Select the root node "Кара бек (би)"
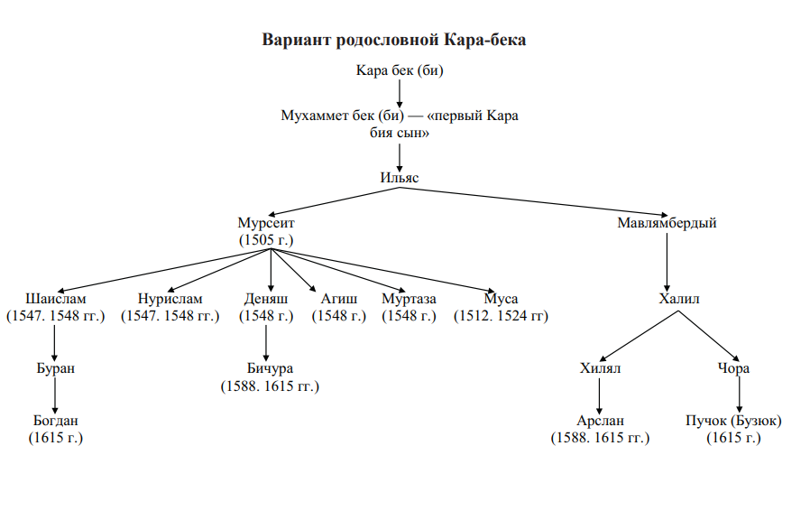(400, 70)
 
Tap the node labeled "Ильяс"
(400, 178)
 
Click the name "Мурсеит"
(265, 223)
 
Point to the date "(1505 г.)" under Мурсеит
(265, 240)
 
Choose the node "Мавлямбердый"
(667, 223)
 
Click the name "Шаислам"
(55, 299)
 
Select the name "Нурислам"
(170, 299)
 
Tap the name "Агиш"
(338, 299)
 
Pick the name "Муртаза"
(409, 299)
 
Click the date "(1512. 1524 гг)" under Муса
(501, 316)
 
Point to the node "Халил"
(679, 299)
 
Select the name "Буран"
(55, 368)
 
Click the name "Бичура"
(270, 368)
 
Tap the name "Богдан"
(55, 420)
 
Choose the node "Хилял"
(600, 368)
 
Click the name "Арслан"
(600, 420)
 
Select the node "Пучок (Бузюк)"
(733, 421)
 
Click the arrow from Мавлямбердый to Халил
(667, 263)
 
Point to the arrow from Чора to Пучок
(740, 395)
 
